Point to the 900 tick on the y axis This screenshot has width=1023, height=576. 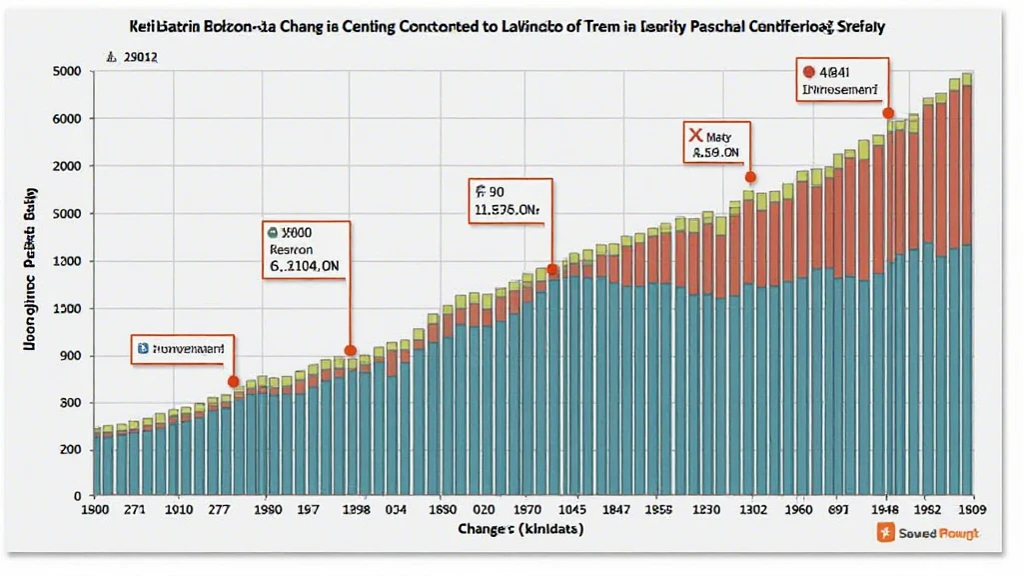70,356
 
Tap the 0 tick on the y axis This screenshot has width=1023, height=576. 76,495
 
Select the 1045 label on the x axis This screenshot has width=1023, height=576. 552,509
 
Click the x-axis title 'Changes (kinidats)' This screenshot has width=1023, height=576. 519,527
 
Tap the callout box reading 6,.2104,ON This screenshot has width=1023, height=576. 307,248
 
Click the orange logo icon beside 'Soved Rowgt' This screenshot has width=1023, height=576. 883,534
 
